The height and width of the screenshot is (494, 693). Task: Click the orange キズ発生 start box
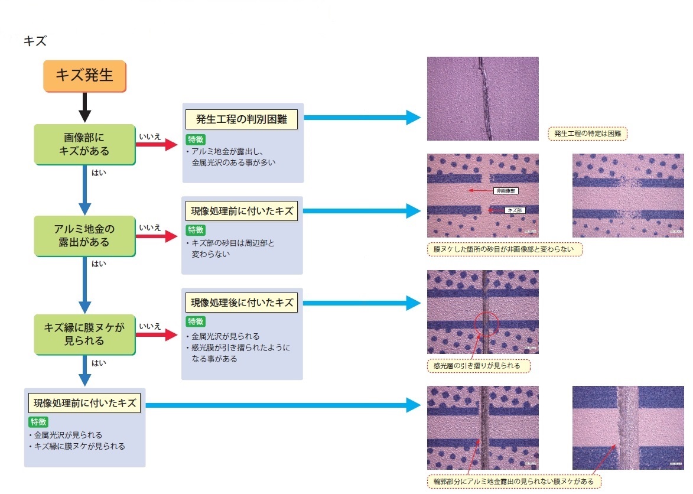(84, 76)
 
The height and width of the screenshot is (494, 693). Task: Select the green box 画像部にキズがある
(84, 144)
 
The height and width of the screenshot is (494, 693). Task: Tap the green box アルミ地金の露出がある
(84, 236)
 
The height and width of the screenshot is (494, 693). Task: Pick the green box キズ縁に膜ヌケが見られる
(84, 334)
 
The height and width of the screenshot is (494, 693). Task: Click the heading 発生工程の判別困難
(242, 119)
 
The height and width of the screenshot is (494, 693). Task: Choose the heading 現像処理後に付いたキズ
(242, 303)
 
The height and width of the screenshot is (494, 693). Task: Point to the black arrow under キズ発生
(84, 108)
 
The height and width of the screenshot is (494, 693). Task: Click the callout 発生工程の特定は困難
(588, 134)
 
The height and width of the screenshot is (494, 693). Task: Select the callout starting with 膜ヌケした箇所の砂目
(504, 249)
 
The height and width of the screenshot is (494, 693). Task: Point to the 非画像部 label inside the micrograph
(506, 191)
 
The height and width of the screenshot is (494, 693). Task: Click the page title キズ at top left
(35, 41)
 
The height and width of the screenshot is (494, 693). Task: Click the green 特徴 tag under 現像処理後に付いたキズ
(196, 321)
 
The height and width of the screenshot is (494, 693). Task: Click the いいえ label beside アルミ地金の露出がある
(149, 227)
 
